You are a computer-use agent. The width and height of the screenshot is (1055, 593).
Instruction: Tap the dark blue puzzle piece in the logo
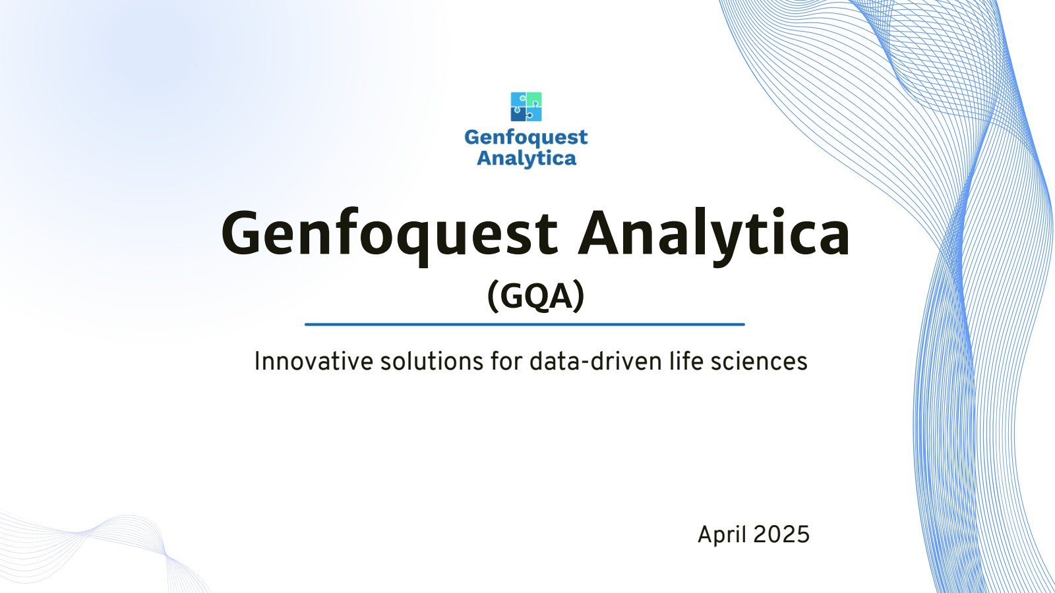coord(518,115)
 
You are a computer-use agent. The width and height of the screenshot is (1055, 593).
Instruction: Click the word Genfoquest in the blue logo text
coord(526,137)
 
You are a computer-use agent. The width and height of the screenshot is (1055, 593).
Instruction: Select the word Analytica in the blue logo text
coord(526,158)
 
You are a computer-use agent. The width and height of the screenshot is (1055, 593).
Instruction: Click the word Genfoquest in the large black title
coord(389,234)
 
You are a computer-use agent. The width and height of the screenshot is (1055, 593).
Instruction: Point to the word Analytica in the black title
coord(714,234)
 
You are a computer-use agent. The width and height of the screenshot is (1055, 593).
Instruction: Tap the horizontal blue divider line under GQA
coord(524,324)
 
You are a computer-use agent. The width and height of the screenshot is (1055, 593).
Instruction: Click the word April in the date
coord(722,534)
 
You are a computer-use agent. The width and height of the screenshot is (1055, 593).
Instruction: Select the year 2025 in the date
coord(781,534)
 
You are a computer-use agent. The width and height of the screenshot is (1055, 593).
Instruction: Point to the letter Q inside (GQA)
coord(536,296)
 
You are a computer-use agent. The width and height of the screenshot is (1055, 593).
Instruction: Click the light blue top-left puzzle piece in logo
coord(518,99)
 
